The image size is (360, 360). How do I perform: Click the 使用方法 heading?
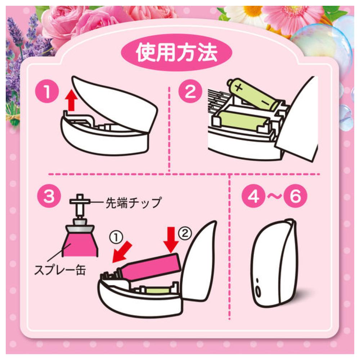point(176,53)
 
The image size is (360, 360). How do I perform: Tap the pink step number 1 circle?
point(47,91)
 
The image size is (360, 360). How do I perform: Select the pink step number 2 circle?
point(190,91)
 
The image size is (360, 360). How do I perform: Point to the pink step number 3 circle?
point(49,196)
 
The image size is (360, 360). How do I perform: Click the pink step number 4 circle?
point(253,196)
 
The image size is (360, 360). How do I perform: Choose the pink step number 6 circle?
point(295,196)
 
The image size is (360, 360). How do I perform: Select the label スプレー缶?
point(60,270)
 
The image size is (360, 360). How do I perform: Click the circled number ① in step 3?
point(116,237)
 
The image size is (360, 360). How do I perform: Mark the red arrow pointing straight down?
point(171,239)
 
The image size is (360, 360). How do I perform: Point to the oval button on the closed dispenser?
point(258,292)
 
